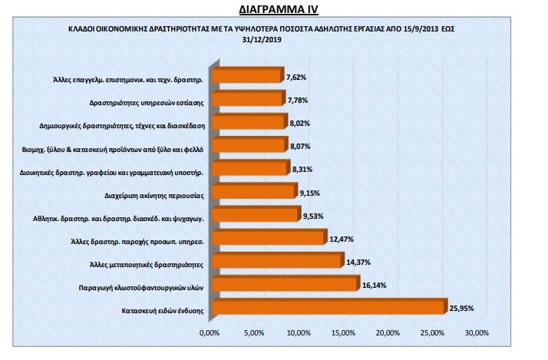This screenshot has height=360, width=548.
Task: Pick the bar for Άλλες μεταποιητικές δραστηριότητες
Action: point(276,262)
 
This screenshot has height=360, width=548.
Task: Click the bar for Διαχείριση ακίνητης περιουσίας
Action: point(253,192)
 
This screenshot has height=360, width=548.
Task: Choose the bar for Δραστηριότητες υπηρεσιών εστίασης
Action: point(246,99)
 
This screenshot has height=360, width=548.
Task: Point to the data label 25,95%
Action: point(462,309)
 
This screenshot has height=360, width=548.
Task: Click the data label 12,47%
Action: point(342,239)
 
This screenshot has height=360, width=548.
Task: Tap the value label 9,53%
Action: point(314,216)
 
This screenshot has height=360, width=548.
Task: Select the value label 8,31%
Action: point(303,169)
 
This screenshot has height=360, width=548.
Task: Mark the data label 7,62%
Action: point(296,76)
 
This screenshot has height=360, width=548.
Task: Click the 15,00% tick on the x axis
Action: point(343,333)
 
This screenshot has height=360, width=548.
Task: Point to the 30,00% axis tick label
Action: point(477,333)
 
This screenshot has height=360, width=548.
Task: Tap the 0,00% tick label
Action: point(210,333)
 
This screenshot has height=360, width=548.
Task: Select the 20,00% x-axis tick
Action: point(388,333)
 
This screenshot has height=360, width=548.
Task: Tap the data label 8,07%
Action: point(301,146)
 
